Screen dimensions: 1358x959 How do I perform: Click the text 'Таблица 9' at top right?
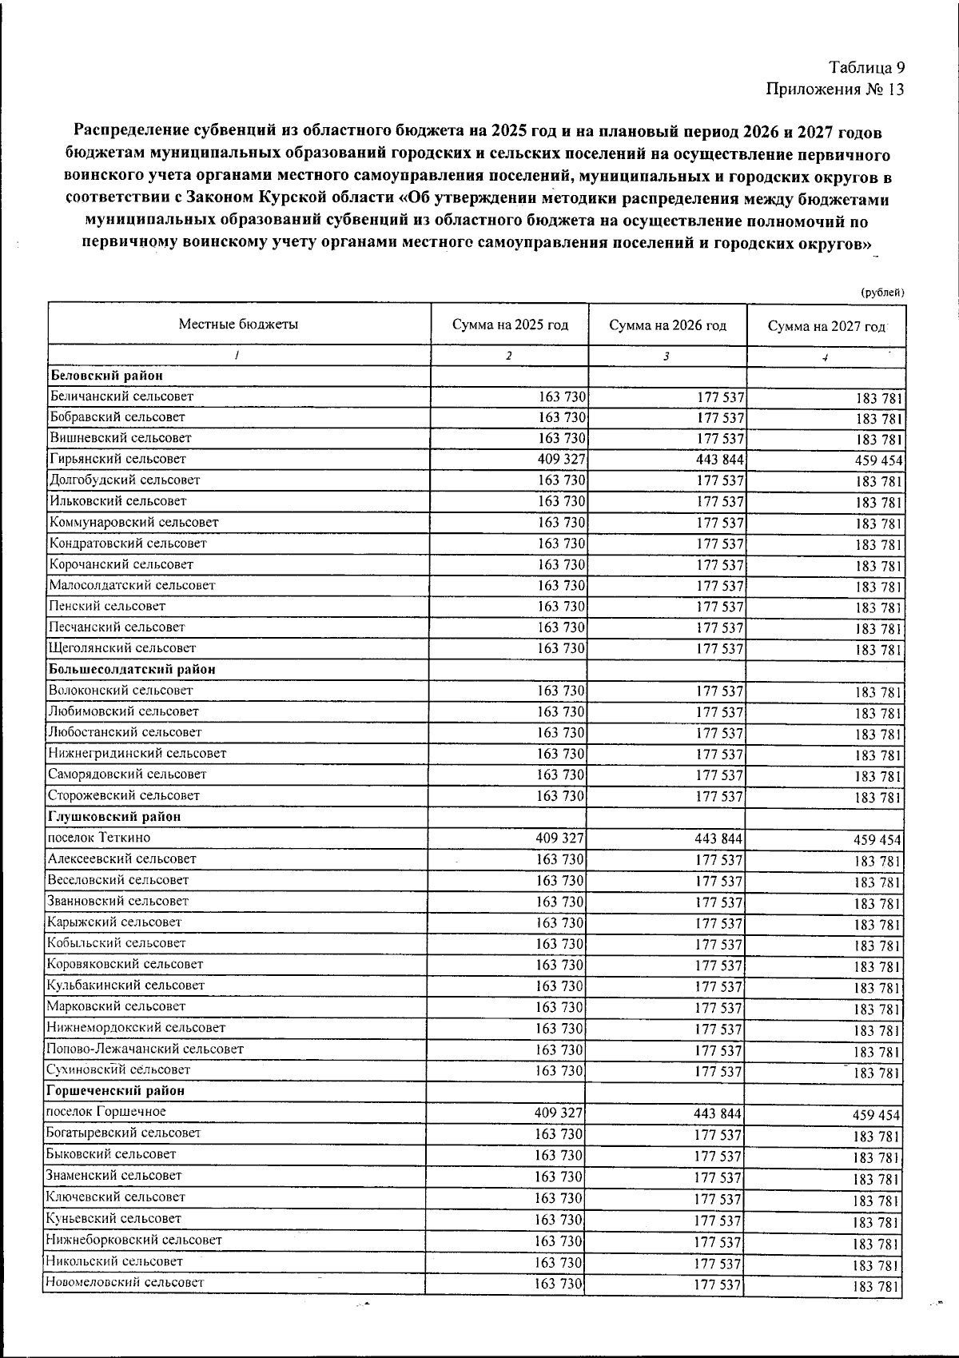pos(866,67)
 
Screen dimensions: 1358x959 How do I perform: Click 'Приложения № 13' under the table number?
pos(835,89)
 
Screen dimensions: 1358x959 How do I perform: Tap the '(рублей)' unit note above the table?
pos(882,293)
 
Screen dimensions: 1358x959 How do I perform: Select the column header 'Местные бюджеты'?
pos(238,325)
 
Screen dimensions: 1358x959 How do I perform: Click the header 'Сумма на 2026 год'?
pos(667,325)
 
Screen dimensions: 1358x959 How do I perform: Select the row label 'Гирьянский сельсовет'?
pos(117,459)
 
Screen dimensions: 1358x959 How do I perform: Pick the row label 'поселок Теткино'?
pos(98,838)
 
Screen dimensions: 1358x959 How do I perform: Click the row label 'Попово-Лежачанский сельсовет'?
pos(145,1049)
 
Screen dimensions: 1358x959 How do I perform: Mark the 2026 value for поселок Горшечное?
pos(718,1113)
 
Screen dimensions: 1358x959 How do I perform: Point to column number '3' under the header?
pos(666,356)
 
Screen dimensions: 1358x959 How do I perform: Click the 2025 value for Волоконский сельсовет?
pos(560,691)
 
